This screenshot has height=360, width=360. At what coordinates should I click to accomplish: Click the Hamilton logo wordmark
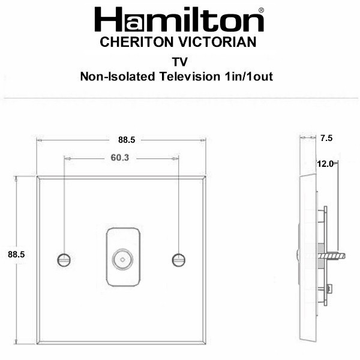coord(179,19)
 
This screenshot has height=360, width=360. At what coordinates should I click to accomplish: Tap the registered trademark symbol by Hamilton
coord(261,10)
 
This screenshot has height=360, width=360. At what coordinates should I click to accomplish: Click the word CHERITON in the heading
coord(137,42)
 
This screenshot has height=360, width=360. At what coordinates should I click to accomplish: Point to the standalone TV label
coord(180,62)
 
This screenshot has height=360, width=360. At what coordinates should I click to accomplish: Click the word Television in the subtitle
coord(190,76)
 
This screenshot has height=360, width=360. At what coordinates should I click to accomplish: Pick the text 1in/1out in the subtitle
coord(249,76)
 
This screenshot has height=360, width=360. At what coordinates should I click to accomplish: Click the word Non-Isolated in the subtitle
coord(118,76)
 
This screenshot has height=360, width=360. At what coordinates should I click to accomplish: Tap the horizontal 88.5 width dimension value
coord(127,140)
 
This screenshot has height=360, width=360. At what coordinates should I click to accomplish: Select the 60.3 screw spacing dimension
coord(120,158)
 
